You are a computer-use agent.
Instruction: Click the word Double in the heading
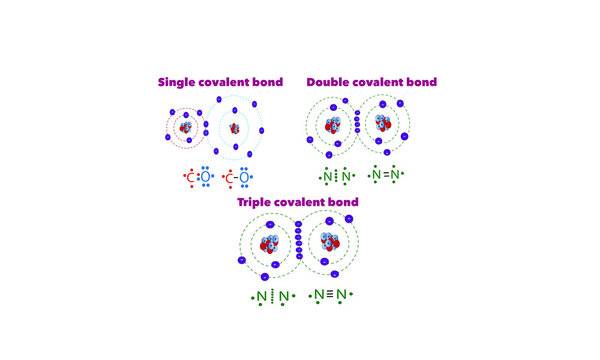[329, 82]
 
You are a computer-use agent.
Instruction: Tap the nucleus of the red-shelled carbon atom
[187, 127]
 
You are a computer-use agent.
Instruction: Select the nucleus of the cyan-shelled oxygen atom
[236, 128]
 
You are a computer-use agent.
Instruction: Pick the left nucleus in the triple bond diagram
[270, 246]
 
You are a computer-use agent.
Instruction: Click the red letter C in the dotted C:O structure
[191, 178]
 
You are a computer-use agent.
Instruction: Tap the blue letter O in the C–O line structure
[245, 178]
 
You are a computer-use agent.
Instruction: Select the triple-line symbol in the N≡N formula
[329, 295]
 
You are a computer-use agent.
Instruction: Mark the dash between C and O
[237, 178]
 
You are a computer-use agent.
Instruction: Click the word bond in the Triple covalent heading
[342, 202]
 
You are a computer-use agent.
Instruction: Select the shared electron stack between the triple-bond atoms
[297, 246]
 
